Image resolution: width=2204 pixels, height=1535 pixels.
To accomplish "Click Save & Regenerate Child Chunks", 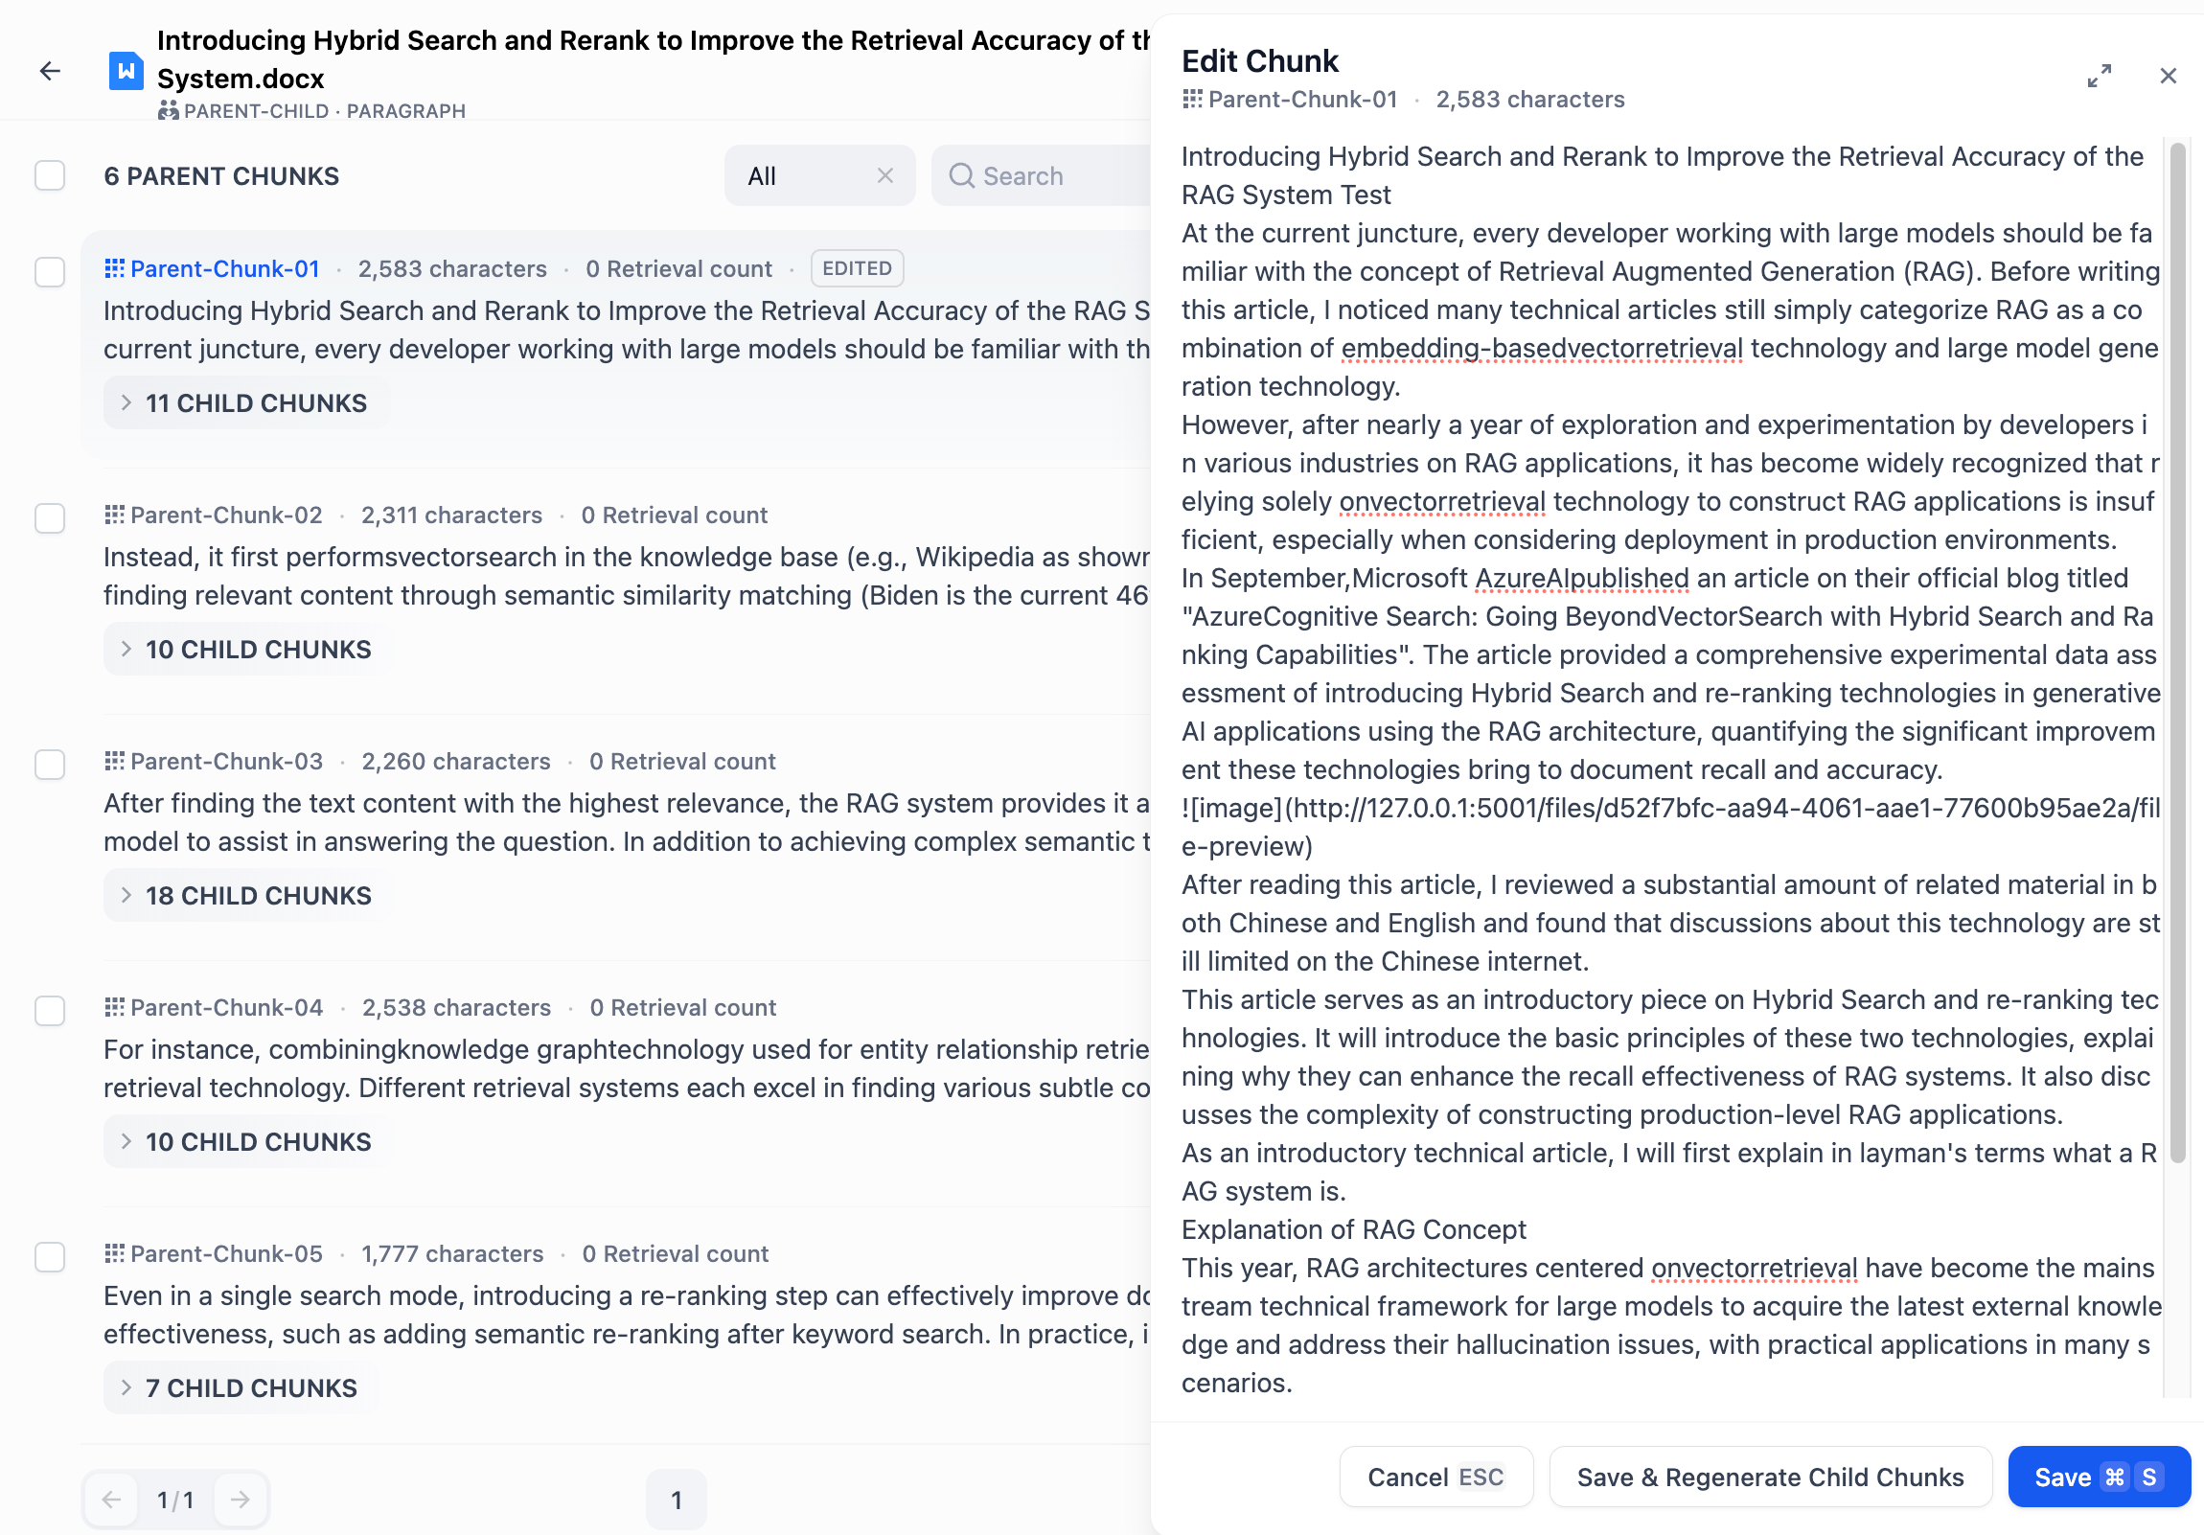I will [x=1769, y=1477].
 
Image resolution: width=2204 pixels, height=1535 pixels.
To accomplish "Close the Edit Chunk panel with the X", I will [x=2168, y=76].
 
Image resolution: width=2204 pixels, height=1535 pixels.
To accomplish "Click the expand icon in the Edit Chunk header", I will [x=2099, y=76].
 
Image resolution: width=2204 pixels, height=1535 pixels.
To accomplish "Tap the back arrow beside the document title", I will [x=50, y=71].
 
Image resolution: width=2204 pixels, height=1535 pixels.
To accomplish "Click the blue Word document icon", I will [x=126, y=71].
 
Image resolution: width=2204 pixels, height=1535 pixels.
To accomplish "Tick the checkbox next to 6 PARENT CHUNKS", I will [x=50, y=175].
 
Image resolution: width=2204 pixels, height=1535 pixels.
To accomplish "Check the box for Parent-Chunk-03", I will [x=50, y=764].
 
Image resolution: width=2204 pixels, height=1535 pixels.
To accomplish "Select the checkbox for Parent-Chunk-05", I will [x=50, y=1256].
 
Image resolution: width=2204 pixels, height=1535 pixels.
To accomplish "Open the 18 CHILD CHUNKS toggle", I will [x=246, y=896].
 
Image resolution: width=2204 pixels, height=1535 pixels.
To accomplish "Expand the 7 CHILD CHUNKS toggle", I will [x=240, y=1388].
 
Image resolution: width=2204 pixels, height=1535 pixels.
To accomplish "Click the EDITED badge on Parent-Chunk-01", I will [x=857, y=269].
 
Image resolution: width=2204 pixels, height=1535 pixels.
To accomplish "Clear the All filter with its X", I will [x=885, y=175].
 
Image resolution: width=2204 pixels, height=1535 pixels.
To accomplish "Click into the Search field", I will [x=1046, y=175].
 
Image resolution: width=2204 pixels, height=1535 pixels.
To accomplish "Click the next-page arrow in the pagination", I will [x=240, y=1500].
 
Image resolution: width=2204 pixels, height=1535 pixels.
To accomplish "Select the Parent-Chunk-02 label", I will [x=226, y=515].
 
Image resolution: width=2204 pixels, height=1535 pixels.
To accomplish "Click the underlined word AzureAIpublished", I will [x=1581, y=578].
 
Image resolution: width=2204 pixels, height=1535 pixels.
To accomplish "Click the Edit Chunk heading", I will [x=1259, y=60].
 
